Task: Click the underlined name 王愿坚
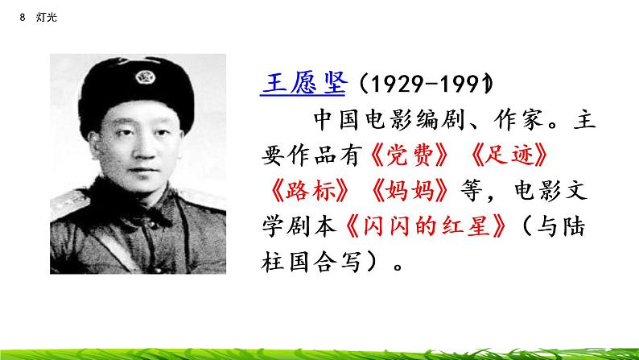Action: (x=303, y=84)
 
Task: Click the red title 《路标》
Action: (x=309, y=191)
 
